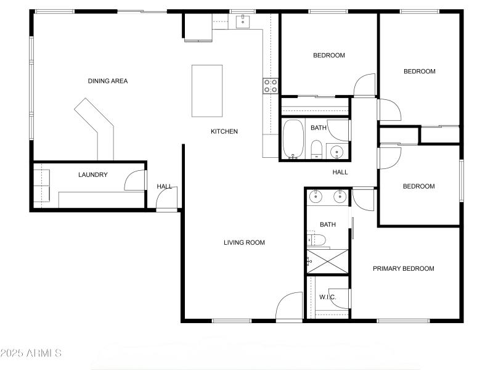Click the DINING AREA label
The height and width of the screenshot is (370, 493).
click(x=107, y=81)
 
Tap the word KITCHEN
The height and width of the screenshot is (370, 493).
click(x=224, y=131)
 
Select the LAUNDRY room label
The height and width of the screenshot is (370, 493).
click(x=93, y=175)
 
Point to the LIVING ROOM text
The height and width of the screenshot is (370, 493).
click(x=244, y=242)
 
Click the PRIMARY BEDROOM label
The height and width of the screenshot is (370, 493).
click(x=403, y=268)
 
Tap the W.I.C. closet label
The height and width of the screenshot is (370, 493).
click(x=327, y=297)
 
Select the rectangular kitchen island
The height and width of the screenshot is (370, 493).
click(x=207, y=91)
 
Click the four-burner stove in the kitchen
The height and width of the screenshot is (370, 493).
click(x=271, y=86)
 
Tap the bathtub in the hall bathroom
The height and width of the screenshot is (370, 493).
click(x=293, y=139)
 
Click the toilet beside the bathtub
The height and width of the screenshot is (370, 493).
click(x=316, y=149)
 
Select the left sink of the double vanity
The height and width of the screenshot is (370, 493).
click(x=316, y=197)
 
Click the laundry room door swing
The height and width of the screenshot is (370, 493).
click(x=134, y=181)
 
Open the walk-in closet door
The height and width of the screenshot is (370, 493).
click(x=340, y=298)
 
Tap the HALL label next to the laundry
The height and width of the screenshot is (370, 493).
click(x=165, y=186)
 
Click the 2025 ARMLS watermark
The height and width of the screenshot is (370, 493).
click(x=31, y=353)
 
